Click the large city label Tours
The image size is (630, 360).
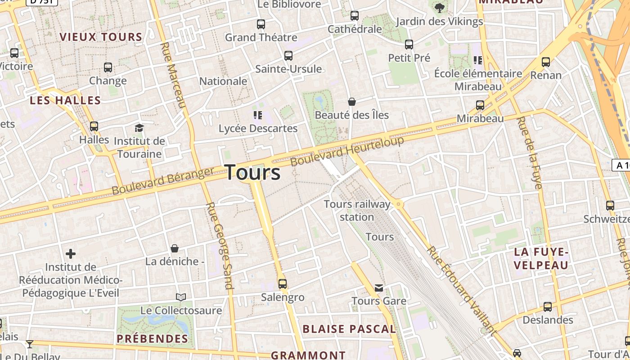coord(252,172)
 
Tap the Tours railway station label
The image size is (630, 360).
coord(357,211)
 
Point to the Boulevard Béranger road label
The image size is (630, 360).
coord(163,181)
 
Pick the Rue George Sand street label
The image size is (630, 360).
coord(220,245)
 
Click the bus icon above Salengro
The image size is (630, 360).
coord(283,284)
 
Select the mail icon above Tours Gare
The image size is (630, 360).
coord(379,288)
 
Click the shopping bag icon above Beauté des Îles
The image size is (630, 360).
coord(352,102)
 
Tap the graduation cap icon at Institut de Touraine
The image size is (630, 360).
coord(139,128)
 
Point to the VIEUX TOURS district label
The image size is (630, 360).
coord(101,37)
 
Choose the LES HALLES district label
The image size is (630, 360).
coord(65,100)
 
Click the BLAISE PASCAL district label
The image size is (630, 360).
coord(349,329)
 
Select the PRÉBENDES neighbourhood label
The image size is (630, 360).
coord(152,338)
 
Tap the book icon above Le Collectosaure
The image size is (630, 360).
coord(181,297)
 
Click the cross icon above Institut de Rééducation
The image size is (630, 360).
coord(71,254)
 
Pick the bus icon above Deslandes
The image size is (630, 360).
coord(548,307)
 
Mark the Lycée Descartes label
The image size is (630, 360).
coord(258,128)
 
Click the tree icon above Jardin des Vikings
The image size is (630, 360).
coord(439,8)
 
